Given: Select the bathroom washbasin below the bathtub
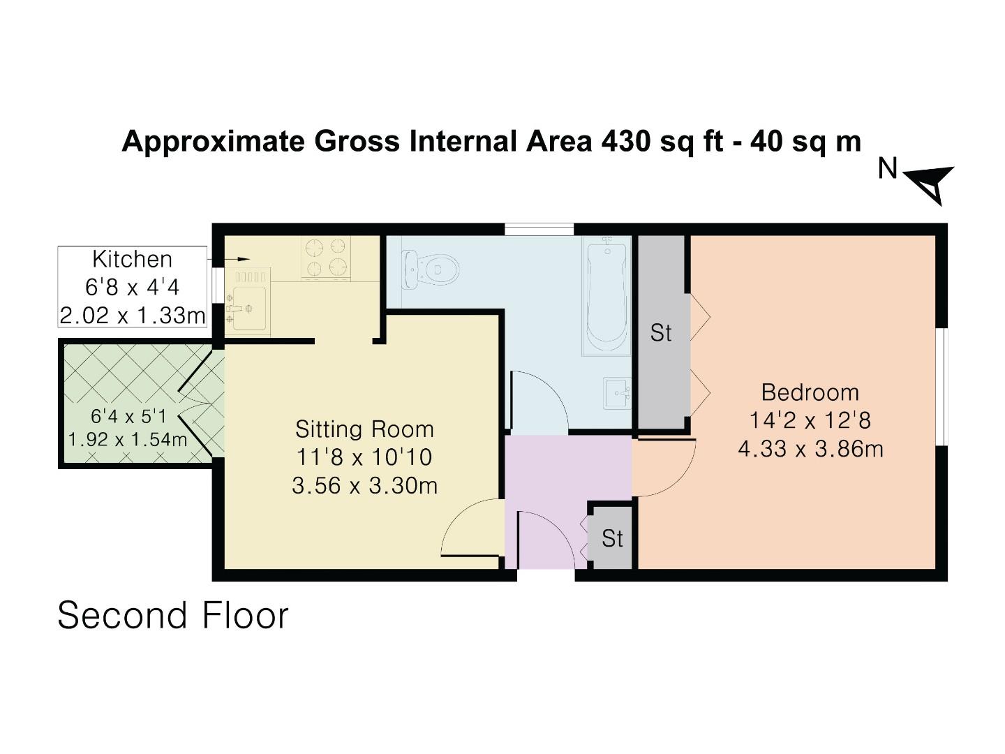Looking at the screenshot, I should [618, 394].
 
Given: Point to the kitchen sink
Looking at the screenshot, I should [248, 307].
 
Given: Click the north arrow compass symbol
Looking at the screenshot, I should [932, 183].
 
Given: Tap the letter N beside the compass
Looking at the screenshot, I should [887, 168].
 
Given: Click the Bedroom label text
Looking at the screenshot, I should [810, 392].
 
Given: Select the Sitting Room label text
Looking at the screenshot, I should [364, 429].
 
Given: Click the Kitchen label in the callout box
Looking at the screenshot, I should [132, 259].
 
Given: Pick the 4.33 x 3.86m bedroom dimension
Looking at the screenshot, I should [810, 448].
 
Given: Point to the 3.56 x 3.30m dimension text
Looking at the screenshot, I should [364, 485].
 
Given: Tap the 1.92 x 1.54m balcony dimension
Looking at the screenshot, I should [128, 440].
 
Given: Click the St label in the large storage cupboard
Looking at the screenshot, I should [660, 333].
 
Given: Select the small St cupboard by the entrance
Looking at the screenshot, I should [612, 538].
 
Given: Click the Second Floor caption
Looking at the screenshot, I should [172, 616].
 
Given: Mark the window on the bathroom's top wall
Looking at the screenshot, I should [539, 229].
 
